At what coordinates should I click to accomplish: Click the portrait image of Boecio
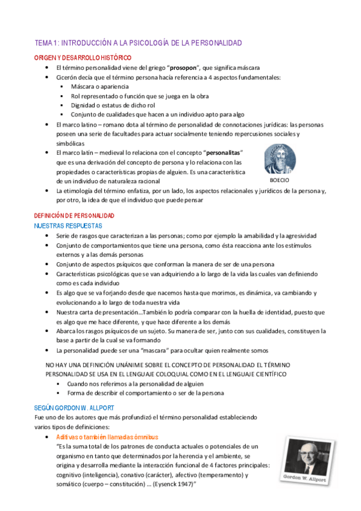pyautogui.click(x=280, y=160)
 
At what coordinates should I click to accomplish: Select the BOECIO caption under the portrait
pyautogui.click(x=279, y=180)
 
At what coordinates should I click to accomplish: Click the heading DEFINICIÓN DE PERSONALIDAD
pyautogui.click(x=74, y=216)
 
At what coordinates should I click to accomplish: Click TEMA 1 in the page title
pyautogui.click(x=46, y=43)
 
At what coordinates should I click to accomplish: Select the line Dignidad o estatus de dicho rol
pyautogui.click(x=113, y=105)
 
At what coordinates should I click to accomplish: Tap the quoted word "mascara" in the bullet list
pyautogui.click(x=180, y=350)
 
